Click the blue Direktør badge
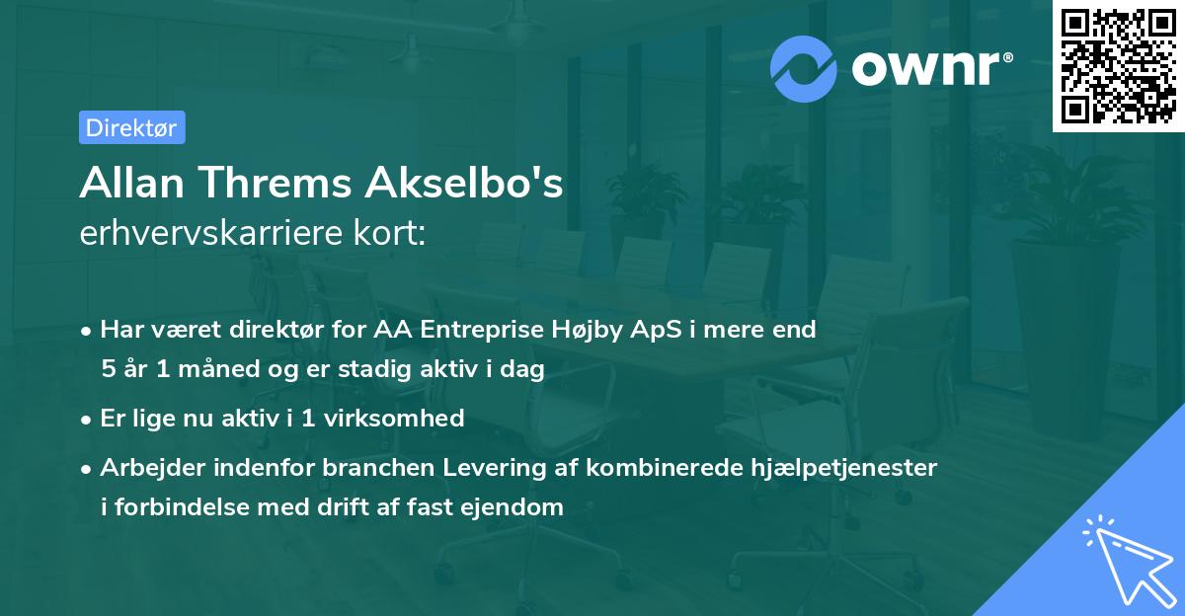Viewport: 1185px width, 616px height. [x=132, y=127]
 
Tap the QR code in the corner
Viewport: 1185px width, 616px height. [x=1119, y=66]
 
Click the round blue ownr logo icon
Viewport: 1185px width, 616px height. [x=803, y=69]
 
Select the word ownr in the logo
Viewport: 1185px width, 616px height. [x=926, y=68]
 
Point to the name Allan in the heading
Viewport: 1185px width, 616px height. [x=132, y=183]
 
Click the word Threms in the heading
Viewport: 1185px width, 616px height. [x=276, y=183]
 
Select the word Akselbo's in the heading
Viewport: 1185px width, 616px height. [x=464, y=183]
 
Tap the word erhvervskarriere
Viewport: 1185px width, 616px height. [x=211, y=233]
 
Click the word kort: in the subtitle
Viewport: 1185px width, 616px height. [x=389, y=233]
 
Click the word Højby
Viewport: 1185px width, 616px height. [x=587, y=331]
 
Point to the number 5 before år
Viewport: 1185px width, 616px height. [x=109, y=368]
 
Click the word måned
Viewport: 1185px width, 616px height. [x=218, y=368]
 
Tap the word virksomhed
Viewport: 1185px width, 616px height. [x=394, y=418]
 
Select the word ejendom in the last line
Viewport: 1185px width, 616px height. [x=512, y=507]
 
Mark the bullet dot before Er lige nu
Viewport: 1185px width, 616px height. [x=86, y=420]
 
